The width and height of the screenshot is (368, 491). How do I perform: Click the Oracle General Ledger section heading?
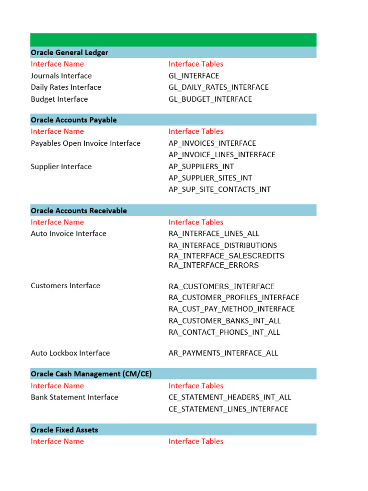tap(69, 52)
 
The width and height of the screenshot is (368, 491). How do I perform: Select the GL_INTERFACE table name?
tap(194, 76)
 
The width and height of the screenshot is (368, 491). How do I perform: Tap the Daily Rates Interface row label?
tap(66, 87)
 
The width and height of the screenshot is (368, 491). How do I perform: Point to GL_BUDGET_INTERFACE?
tap(210, 99)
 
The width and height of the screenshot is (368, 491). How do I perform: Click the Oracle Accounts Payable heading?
tap(74, 120)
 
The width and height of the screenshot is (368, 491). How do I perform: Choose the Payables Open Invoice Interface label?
tap(85, 143)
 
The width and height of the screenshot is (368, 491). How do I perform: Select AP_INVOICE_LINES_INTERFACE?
tap(222, 155)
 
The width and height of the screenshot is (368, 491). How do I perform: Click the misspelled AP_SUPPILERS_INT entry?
tap(201, 166)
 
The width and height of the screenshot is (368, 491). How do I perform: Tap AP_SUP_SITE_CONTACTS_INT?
tap(219, 189)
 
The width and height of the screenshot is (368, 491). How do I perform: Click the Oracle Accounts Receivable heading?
tap(79, 210)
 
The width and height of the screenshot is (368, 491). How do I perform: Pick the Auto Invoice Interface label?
tap(69, 234)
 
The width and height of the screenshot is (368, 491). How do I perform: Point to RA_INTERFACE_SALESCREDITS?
tap(226, 256)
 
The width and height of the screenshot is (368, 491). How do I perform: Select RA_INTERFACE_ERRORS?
tap(213, 265)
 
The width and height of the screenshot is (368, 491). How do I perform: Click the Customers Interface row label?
tap(65, 286)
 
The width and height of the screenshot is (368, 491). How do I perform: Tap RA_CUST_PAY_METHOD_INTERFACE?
tap(231, 309)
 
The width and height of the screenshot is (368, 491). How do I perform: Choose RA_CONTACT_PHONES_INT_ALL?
tap(224, 332)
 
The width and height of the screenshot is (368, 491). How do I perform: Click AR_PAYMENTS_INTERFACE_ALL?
tap(223, 353)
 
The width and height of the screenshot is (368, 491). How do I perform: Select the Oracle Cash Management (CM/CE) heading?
tap(91, 374)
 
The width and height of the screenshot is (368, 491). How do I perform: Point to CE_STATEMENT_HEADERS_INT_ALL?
tap(230, 397)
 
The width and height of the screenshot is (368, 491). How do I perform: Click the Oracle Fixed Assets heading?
tap(64, 430)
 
